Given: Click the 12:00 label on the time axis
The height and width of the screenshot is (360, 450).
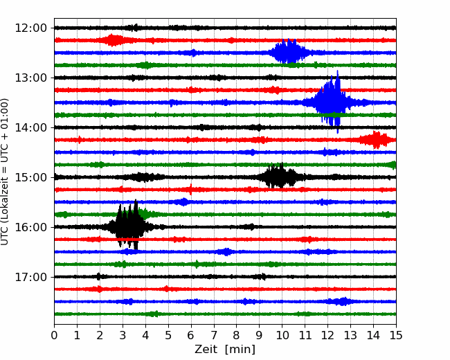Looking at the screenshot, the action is [30, 28].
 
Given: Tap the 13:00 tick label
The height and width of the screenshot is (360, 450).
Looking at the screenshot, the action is [30, 78].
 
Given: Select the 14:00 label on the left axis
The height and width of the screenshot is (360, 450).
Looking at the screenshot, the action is [30, 127].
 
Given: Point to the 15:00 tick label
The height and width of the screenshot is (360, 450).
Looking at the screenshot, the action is [30, 177].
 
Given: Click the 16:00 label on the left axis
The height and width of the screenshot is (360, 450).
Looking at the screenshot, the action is [30, 227].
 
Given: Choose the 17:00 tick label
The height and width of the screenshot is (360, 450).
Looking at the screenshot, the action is [30, 277].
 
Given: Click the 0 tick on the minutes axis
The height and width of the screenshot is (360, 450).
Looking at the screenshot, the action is [54, 335].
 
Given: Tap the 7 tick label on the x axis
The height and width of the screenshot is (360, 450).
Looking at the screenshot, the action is [214, 335].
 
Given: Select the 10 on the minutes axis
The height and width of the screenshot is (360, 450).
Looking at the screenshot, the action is [282, 335].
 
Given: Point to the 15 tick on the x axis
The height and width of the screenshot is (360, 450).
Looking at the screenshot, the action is [396, 335].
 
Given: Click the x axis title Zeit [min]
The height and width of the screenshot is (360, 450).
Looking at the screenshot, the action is [225, 350].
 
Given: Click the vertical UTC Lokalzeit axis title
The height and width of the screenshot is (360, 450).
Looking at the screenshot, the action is [5, 172].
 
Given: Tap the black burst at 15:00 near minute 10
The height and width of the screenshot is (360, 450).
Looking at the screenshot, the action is [280, 176].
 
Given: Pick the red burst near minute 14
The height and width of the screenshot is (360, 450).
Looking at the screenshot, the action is [376, 140].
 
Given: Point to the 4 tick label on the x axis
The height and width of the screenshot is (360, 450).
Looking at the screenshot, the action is [145, 335].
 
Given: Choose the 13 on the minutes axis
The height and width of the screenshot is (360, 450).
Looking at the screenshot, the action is [350, 335].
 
